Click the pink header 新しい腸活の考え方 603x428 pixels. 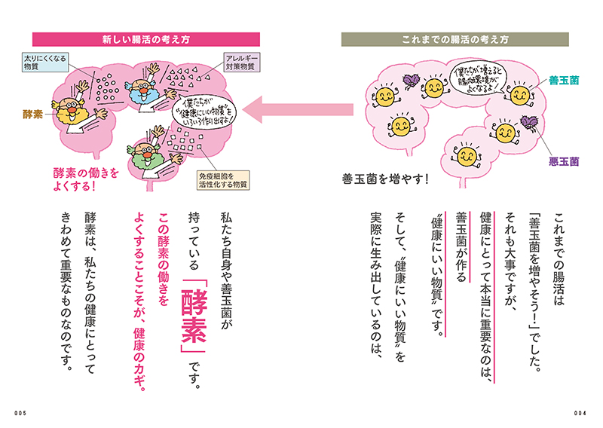click(146, 40)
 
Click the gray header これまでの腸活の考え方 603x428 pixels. click(455, 40)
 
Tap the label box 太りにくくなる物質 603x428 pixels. click(45, 63)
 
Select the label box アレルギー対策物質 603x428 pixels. click(241, 63)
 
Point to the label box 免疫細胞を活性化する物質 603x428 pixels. click(223, 180)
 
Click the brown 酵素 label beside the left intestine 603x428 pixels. click(32, 115)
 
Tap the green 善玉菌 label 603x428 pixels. click(564, 81)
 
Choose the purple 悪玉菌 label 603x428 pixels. click(564, 161)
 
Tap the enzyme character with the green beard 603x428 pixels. click(152, 156)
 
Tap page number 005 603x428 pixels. click(20, 414)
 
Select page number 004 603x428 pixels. click(580, 414)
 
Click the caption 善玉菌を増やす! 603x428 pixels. click(385, 179)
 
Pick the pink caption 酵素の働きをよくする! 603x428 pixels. click(85, 179)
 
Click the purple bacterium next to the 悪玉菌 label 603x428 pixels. click(530, 123)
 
